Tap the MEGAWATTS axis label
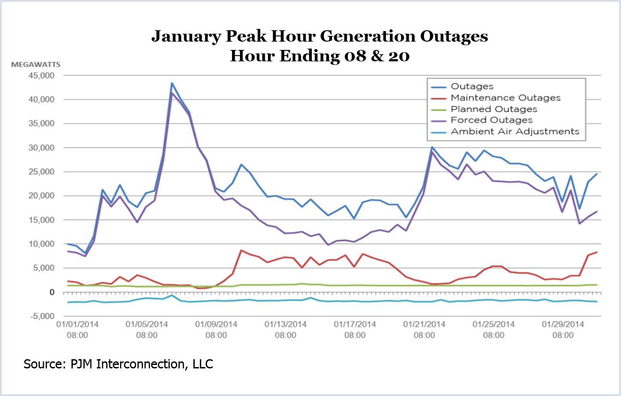[x=36, y=64]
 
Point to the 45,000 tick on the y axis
[x=42, y=76]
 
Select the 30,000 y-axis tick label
[x=42, y=148]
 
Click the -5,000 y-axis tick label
[x=42, y=316]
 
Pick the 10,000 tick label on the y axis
[x=42, y=244]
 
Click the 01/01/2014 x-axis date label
[x=77, y=325]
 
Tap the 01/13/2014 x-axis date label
[x=286, y=325]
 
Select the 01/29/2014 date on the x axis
[x=563, y=325]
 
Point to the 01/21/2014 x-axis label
[x=424, y=325]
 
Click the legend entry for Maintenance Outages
[x=505, y=98]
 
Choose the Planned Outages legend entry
[x=494, y=109]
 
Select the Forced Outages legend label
[x=492, y=120]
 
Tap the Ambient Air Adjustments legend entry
[x=515, y=131]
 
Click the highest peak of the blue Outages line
[x=172, y=83]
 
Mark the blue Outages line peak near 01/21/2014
[x=432, y=147]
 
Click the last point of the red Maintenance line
[x=596, y=252]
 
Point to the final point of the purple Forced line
[x=596, y=212]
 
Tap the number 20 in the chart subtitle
[x=399, y=56]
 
